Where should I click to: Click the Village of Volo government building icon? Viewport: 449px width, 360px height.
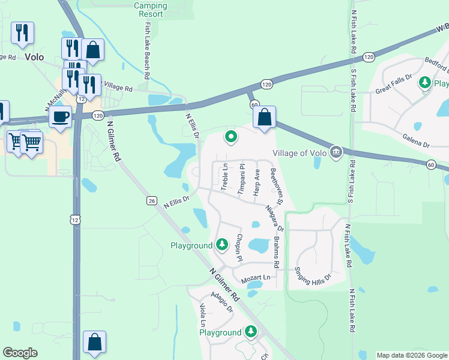(336, 152)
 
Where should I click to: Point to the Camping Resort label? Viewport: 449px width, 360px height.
(151, 10)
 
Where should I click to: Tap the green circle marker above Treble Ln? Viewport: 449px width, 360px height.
(231, 138)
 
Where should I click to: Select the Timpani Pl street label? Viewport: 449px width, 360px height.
(241, 178)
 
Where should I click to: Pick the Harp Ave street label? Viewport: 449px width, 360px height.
(257, 182)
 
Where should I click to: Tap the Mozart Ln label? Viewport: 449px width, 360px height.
(256, 278)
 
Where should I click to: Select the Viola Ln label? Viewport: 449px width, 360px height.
(202, 315)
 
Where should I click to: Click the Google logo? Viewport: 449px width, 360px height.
(20, 353)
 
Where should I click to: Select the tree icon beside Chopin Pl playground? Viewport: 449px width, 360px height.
(222, 244)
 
